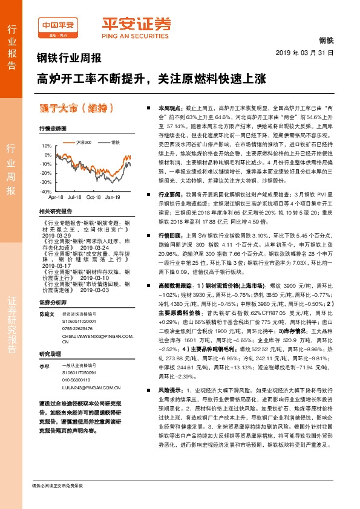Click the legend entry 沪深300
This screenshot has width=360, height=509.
[x=83, y=142]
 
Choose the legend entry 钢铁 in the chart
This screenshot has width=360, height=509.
[x=115, y=142]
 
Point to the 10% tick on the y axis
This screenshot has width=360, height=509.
[x=46, y=146]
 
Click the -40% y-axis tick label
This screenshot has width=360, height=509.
[x=45, y=191]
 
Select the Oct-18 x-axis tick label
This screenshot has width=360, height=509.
[x=93, y=197]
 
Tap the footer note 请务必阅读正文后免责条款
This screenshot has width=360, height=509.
[x=57, y=502]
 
